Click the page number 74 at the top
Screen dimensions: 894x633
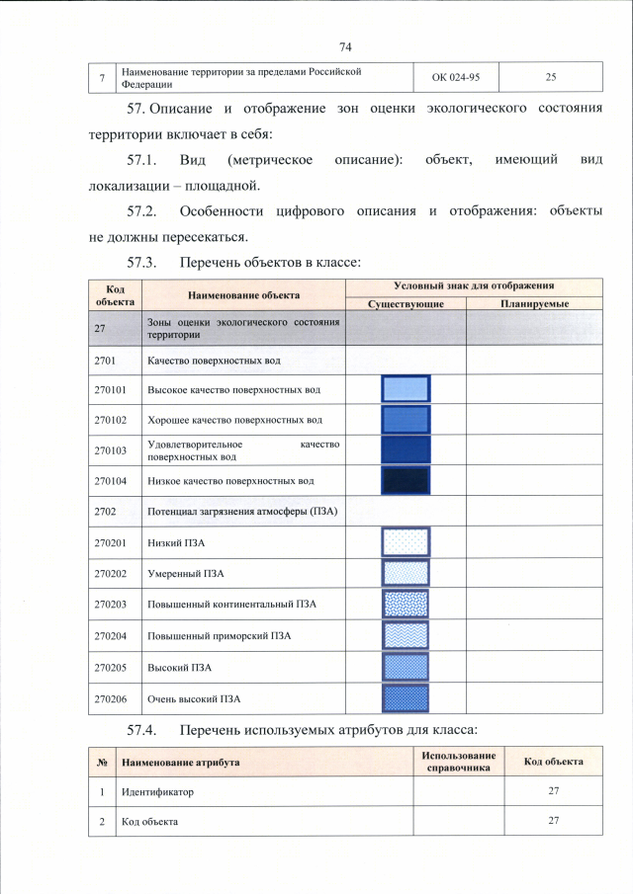[x=345, y=47]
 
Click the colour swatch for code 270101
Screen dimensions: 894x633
[x=406, y=389]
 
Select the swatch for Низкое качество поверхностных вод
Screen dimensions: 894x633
[x=406, y=480]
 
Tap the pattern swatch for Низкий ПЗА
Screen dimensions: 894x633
[x=406, y=542]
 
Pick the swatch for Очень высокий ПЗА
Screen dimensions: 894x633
[x=406, y=698]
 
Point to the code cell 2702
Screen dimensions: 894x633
[x=106, y=511]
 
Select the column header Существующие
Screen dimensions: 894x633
[x=405, y=303]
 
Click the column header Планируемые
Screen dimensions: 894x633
[x=534, y=303]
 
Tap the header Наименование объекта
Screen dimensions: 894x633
[x=243, y=294]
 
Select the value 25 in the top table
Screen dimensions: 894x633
[x=550, y=77]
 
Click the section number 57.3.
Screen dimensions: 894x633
[x=143, y=263]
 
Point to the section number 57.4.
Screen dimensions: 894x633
[x=143, y=730]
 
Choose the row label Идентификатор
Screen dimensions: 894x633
[x=158, y=792]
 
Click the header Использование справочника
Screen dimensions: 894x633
[x=457, y=762]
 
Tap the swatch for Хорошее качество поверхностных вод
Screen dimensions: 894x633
[x=406, y=420]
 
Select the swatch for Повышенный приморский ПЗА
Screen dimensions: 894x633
[x=406, y=635]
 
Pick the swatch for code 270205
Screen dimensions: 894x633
[x=406, y=667]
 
